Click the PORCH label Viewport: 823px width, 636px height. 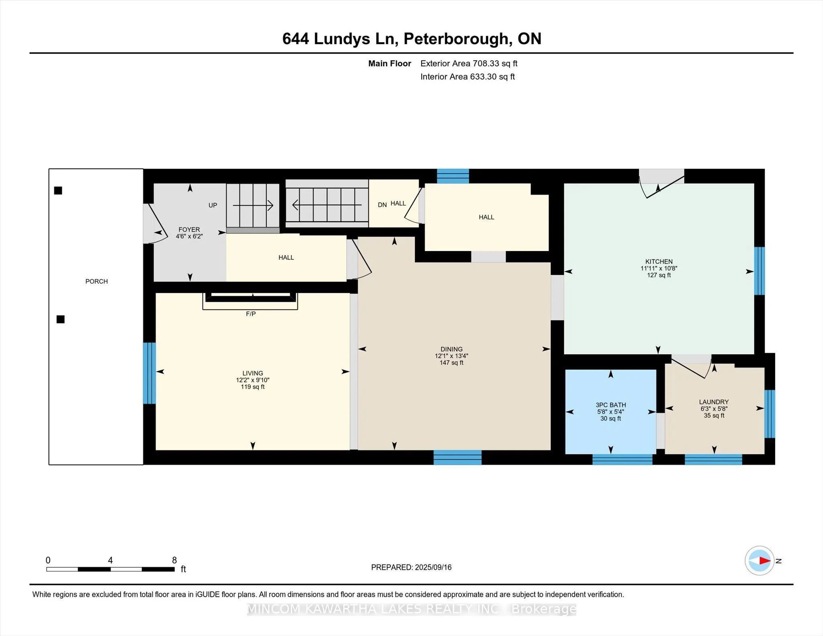point(96,281)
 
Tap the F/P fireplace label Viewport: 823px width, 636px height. point(251,314)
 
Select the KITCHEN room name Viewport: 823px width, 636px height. point(659,262)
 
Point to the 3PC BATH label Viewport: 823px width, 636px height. point(611,405)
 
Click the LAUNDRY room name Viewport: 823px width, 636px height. point(714,402)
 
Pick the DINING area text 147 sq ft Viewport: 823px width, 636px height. point(452,363)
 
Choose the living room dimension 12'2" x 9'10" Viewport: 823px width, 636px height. point(253,380)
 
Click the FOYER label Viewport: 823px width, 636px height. point(189,230)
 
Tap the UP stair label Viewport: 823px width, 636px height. point(213,205)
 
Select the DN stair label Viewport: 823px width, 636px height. point(382,205)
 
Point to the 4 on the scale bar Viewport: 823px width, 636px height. point(111,560)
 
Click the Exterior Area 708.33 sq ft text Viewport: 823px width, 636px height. point(469,63)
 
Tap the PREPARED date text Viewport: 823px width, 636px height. point(411,567)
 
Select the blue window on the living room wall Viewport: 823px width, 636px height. point(149,373)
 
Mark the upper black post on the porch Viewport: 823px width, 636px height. point(58,190)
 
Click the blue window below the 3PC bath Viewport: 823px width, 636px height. point(622,460)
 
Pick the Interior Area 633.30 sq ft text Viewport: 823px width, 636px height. point(468,77)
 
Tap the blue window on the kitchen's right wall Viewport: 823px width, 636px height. point(760,271)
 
